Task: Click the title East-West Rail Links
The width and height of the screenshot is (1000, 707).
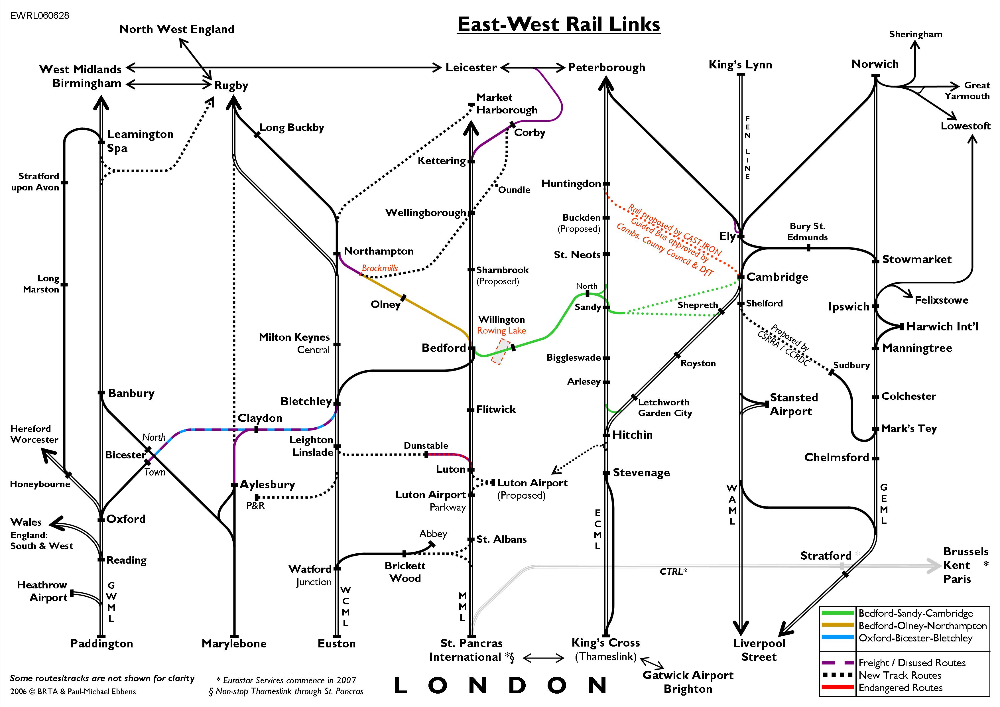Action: click(558, 25)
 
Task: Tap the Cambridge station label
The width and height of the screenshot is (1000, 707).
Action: click(777, 277)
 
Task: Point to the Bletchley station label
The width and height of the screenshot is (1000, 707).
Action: click(306, 401)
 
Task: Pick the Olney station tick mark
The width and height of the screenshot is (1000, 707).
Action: click(403, 298)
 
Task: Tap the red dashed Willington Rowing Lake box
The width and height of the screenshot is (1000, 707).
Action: click(501, 351)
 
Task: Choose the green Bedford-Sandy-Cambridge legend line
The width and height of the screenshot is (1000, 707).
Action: click(837, 613)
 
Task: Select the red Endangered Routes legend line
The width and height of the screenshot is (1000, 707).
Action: click(837, 687)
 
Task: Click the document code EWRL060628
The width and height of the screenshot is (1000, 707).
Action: click(40, 16)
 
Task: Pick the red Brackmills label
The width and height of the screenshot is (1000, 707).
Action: click(380, 268)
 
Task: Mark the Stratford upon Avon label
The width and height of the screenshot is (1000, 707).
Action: click(36, 182)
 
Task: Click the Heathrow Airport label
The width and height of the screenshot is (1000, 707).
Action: click(42, 591)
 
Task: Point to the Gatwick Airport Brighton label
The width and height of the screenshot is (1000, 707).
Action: click(688, 682)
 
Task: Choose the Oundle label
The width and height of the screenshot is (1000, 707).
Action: click(514, 190)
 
